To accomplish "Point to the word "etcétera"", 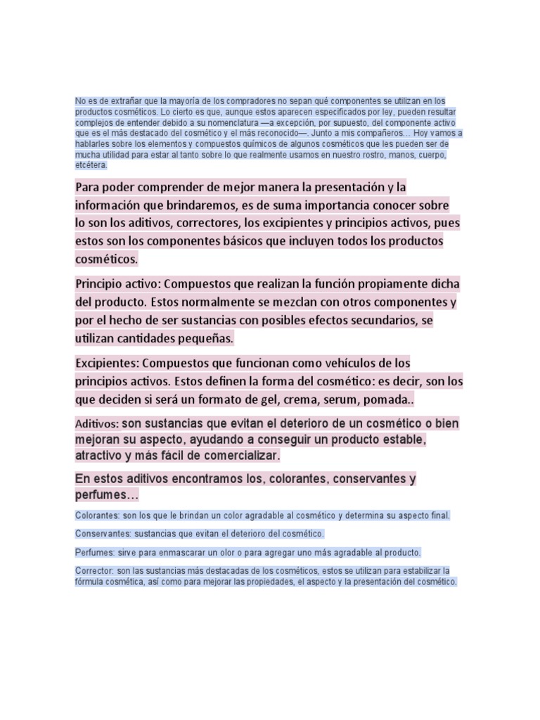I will coord(91,165).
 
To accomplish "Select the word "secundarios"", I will coord(386,321).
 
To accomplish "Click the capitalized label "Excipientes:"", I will coord(107,364).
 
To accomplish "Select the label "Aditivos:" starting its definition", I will coord(97,425).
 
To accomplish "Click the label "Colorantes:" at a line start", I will coord(97,515).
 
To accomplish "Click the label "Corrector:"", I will coord(94,570).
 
